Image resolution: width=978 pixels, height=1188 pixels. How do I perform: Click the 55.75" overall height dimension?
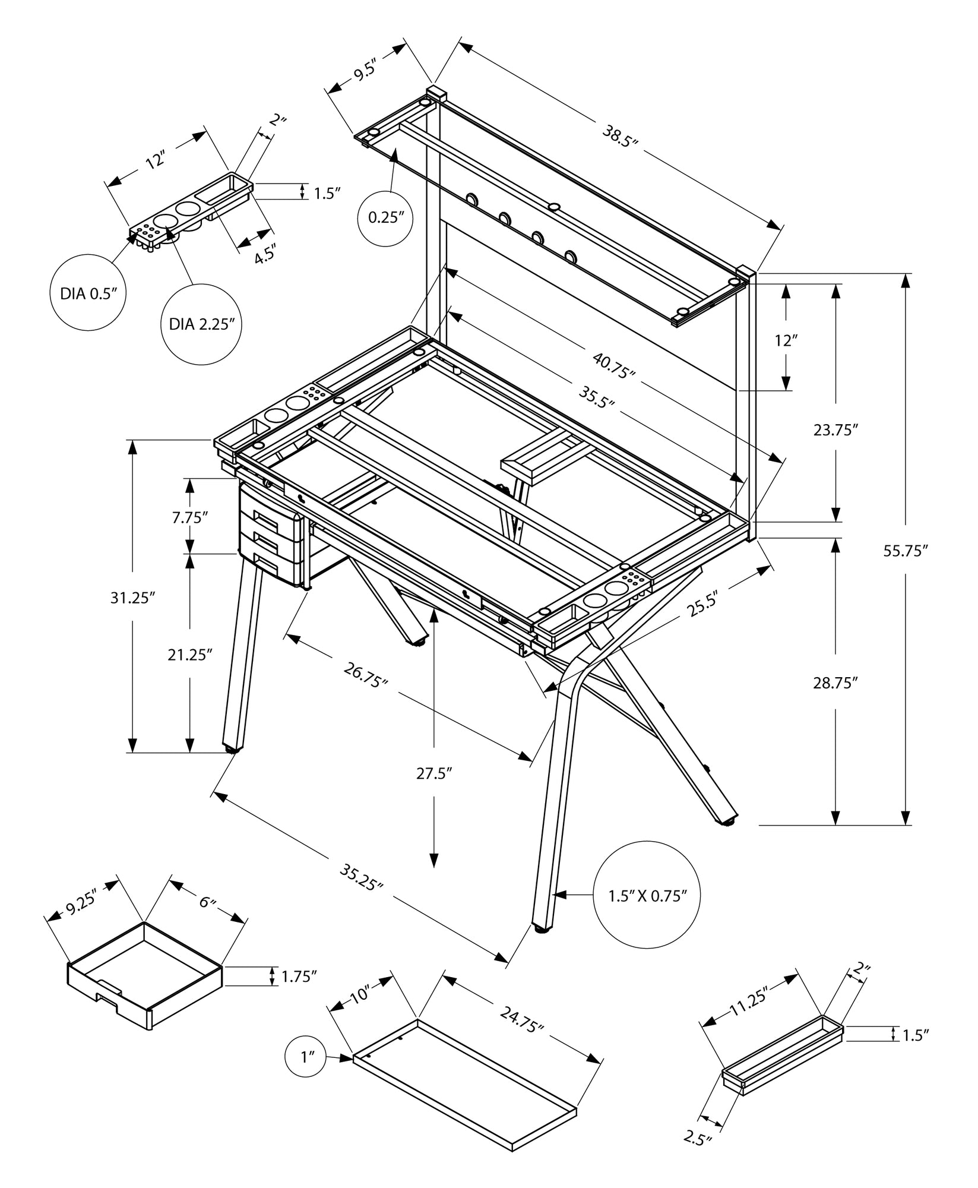pos(905,551)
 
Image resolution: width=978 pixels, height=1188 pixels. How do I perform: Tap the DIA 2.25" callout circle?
pos(201,324)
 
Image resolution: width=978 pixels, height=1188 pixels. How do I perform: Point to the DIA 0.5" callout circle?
pos(88,292)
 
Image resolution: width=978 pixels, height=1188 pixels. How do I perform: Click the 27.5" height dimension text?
pos(433,773)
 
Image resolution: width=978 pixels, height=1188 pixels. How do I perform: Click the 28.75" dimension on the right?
pos(836,683)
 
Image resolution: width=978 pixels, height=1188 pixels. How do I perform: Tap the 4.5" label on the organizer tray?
pos(264,255)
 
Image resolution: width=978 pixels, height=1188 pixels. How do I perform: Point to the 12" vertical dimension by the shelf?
pos(785,340)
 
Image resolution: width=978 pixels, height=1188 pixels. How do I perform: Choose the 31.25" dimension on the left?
pos(132,598)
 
